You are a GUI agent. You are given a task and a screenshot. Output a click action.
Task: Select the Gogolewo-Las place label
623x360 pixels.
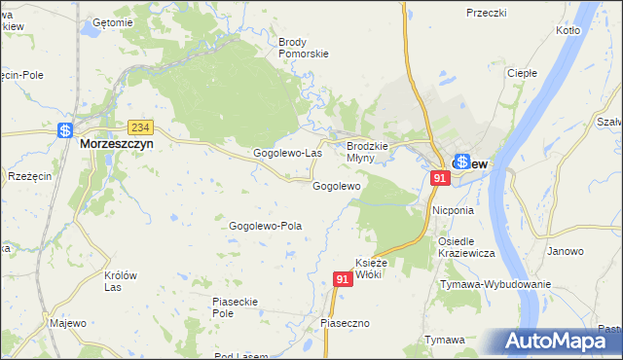click(287, 154)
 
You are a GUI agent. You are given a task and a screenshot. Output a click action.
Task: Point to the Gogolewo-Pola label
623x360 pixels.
click(266, 226)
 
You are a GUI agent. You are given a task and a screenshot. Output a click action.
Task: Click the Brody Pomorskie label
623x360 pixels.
click(303, 49)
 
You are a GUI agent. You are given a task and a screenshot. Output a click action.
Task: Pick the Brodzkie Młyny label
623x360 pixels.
click(368, 152)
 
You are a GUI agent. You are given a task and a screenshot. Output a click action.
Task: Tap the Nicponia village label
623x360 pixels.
click(453, 210)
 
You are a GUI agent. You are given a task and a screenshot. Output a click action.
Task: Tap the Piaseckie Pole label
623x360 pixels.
click(234, 307)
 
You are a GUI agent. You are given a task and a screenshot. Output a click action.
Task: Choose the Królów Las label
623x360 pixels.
click(120, 281)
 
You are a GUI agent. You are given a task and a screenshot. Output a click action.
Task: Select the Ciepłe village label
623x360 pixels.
click(523, 73)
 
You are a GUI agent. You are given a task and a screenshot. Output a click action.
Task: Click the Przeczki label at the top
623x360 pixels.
click(487, 13)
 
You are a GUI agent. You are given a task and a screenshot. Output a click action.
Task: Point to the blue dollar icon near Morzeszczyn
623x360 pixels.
click(65, 130)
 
